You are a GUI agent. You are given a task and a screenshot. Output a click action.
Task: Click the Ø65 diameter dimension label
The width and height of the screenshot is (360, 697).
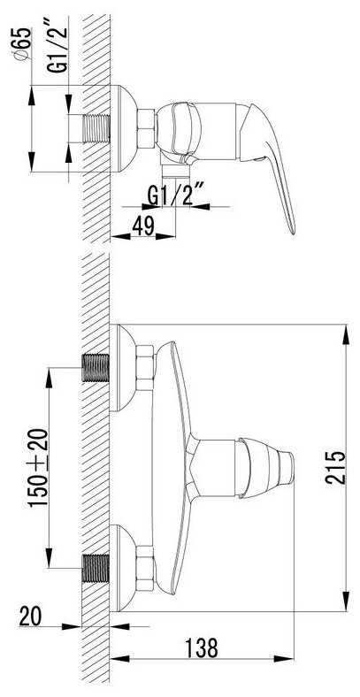[x=22, y=43]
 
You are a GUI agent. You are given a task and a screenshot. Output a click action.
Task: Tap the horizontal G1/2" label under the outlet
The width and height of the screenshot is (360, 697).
[x=175, y=196]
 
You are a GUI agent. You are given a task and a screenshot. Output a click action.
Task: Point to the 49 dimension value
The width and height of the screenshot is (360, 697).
[x=142, y=226]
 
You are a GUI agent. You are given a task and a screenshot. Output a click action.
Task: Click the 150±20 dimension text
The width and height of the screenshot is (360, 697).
[x=39, y=468]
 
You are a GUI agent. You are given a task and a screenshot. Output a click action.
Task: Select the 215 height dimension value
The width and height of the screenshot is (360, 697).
[x=335, y=467]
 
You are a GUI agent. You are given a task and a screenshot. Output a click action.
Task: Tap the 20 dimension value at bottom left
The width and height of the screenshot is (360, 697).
[x=30, y=617]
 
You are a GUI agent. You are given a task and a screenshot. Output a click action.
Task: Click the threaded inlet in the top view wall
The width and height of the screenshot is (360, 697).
[x=96, y=129]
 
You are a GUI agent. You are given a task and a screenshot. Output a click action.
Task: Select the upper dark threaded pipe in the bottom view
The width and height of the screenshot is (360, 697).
[x=96, y=368]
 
